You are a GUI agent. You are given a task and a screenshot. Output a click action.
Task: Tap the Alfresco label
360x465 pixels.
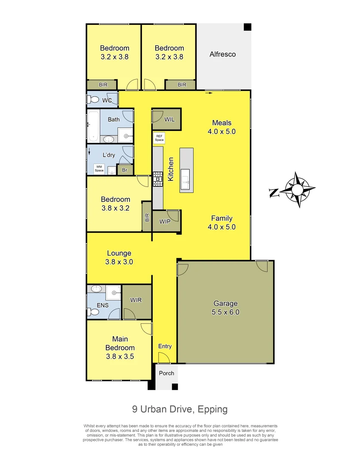(x=222, y=54)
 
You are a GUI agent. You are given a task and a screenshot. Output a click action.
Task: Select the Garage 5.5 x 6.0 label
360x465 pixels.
(x=225, y=308)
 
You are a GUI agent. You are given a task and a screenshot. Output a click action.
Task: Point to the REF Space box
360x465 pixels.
(x=159, y=138)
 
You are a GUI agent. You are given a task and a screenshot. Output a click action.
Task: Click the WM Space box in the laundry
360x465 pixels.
(x=99, y=168)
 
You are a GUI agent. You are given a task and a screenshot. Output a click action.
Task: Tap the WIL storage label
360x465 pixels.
(x=169, y=119)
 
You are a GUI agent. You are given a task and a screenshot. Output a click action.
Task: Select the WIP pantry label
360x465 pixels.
(x=165, y=222)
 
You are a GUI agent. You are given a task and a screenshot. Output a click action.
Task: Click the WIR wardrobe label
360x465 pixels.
(x=136, y=300)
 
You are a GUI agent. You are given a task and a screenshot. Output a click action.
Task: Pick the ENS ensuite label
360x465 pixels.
(x=102, y=305)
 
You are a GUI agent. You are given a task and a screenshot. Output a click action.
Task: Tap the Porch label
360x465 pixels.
(x=166, y=373)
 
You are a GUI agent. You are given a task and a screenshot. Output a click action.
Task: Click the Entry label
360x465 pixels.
(x=165, y=346)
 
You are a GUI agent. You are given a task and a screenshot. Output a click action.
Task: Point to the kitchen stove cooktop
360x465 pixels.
(x=158, y=179)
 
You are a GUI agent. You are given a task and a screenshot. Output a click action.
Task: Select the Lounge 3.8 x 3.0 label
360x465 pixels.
(x=119, y=257)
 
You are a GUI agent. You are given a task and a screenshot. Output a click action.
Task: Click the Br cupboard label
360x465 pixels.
(x=125, y=170)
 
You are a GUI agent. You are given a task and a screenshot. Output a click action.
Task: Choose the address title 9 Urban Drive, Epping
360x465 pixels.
(x=180, y=409)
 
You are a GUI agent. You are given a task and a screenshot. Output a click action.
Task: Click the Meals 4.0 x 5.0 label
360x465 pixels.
(x=222, y=127)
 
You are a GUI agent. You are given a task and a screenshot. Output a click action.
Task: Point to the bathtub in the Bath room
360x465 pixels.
(x=93, y=126)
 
